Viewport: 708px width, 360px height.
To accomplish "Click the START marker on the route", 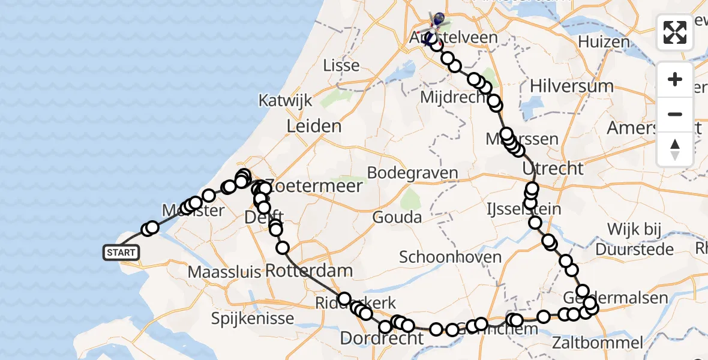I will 121,253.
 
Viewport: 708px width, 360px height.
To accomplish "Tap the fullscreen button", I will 675,32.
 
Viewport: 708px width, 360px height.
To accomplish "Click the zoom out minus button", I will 675,114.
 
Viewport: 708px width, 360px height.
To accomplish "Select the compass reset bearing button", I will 675,149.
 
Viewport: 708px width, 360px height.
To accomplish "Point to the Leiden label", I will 314,127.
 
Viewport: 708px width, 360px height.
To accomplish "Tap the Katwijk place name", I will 286,100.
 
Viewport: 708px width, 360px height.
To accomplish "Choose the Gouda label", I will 397,217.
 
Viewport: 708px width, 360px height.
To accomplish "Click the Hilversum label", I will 571,86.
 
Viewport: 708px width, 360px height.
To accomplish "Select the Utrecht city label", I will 553,168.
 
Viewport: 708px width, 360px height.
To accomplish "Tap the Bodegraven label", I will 412,173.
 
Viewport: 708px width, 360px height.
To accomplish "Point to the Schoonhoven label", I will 451,257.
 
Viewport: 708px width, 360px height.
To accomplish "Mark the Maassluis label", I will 224,272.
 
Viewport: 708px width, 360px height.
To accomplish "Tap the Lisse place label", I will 341,65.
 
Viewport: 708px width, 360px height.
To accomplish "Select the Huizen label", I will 604,42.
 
